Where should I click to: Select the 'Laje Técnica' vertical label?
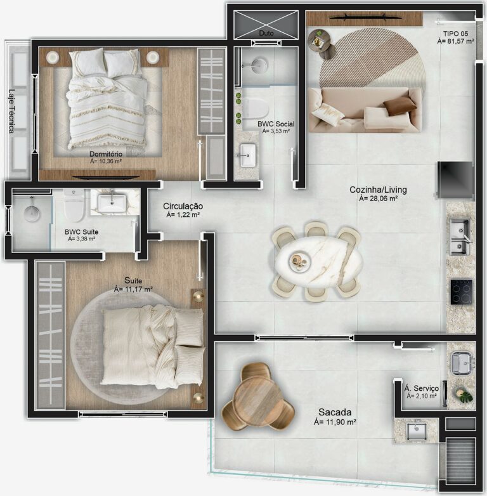pyautogui.click(x=11, y=110)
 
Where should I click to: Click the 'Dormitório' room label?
pyautogui.click(x=106, y=153)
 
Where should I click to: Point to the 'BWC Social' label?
pyautogui.click(x=273, y=124)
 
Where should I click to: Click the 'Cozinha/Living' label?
pyautogui.click(x=378, y=190)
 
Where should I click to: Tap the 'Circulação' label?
pyautogui.click(x=183, y=207)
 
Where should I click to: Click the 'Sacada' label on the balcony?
pyautogui.click(x=335, y=412)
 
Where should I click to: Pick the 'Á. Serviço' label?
pyautogui.click(x=421, y=388)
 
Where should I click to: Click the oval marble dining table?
pyautogui.click(x=316, y=260)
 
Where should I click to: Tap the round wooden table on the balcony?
pyautogui.click(x=258, y=398)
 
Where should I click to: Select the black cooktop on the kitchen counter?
pyautogui.click(x=461, y=291)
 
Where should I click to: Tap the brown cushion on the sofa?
pyautogui.click(x=399, y=105)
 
